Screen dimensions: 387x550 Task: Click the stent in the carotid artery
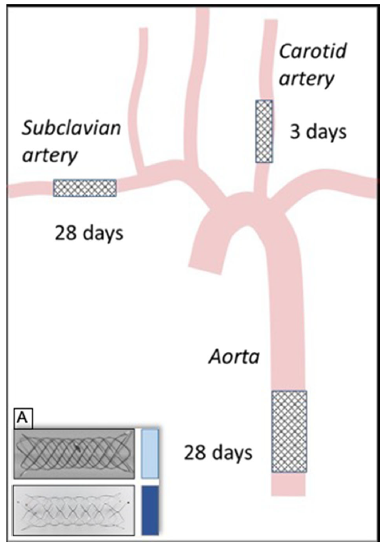264,131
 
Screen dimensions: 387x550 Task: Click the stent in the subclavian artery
85,188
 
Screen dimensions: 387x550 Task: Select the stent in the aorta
289,431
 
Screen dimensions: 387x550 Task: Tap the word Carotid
313,52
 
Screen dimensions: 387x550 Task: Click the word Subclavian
71,127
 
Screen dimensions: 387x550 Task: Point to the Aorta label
234,357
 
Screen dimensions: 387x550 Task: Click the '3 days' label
318,132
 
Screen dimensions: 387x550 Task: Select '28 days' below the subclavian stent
89,233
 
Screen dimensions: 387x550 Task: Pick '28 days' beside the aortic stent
218,453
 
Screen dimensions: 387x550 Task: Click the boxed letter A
24,418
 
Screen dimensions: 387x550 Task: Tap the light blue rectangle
150,453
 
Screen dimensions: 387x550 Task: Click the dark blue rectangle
150,510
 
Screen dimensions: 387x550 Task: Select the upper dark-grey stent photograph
74,453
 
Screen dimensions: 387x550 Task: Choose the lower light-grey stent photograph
74,510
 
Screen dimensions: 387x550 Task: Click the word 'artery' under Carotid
306,79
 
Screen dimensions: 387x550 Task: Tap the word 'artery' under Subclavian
50,154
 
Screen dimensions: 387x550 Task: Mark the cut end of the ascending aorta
206,269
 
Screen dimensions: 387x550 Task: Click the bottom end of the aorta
288,495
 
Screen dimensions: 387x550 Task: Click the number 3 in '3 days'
295,132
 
